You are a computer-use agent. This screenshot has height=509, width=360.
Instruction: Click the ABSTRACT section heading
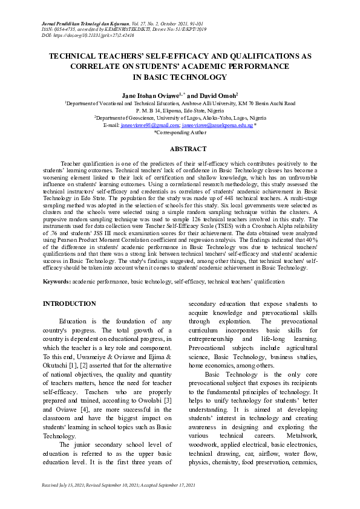coord(180,149)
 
